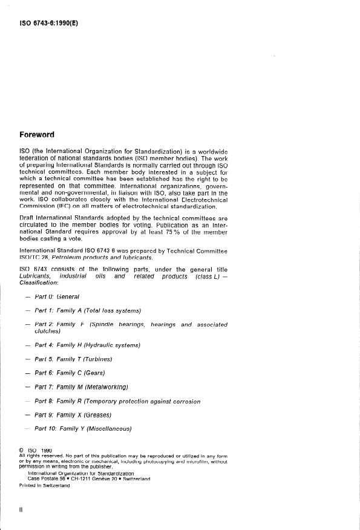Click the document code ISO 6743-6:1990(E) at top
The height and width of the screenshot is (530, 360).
pos(50,24)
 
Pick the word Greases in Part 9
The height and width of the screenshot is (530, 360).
pos(93,415)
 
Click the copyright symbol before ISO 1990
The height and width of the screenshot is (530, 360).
pos(22,450)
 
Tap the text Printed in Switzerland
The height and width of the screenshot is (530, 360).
pos(45,486)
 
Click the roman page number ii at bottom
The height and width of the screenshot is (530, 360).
pos(21,511)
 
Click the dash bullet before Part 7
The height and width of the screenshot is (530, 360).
pos(28,387)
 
